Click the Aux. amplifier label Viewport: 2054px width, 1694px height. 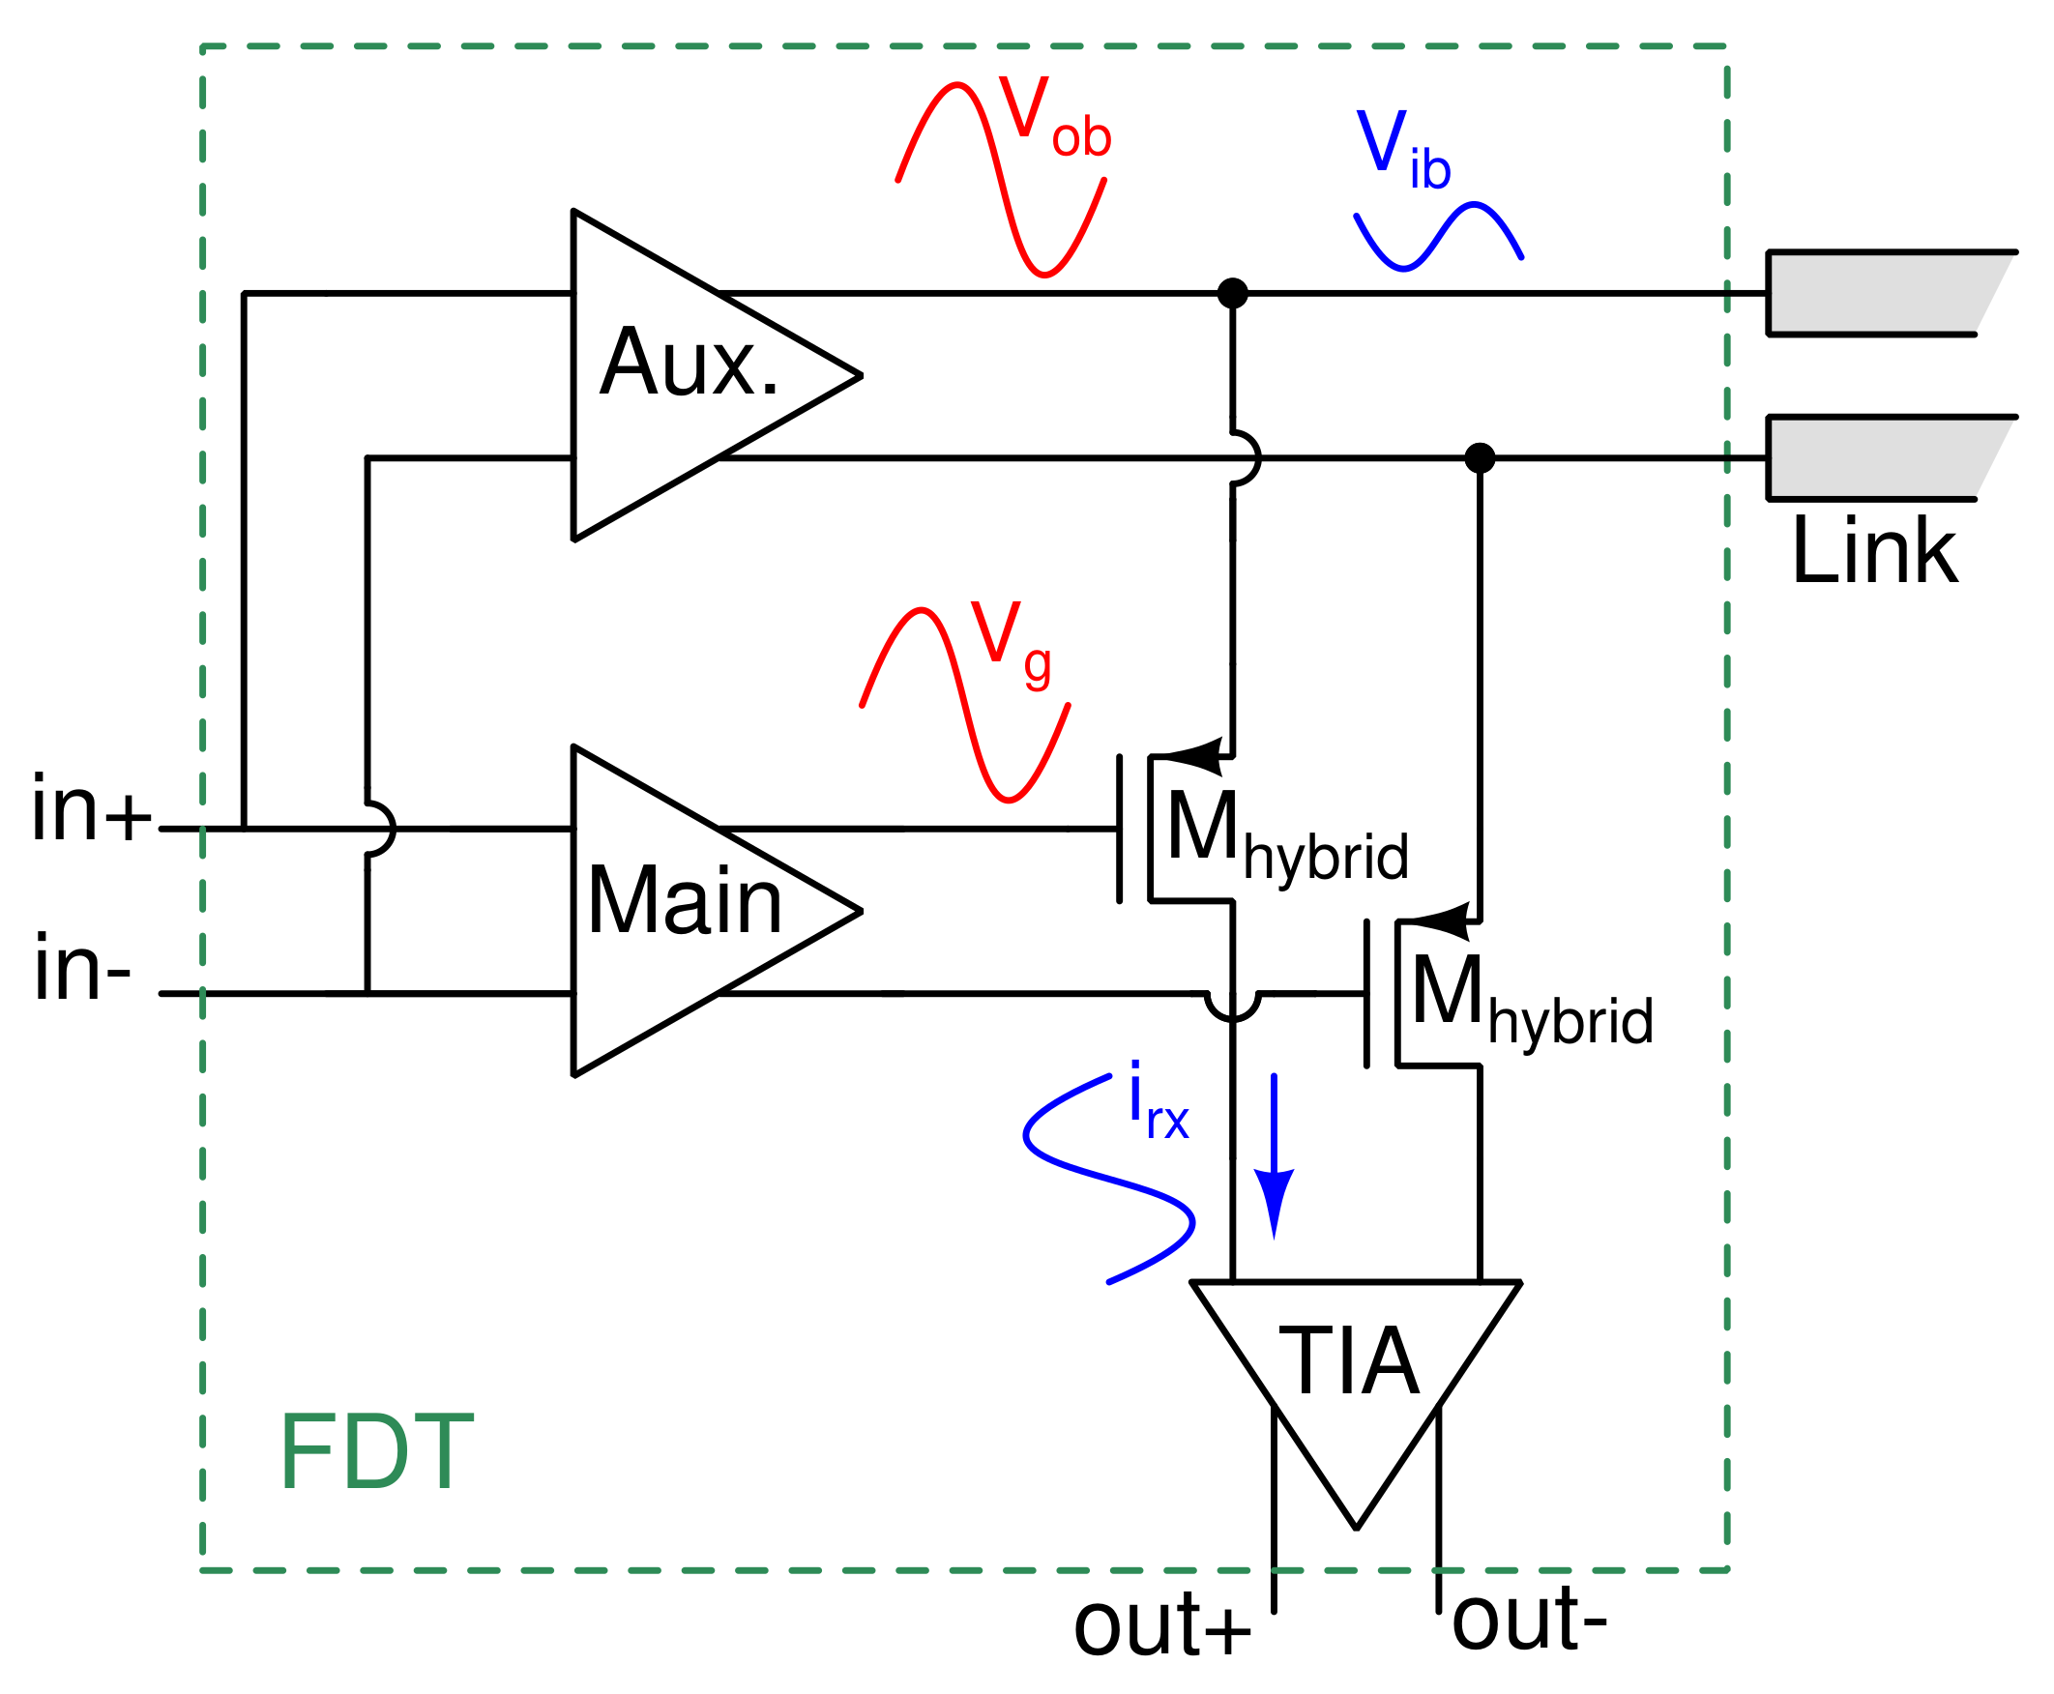pyautogui.click(x=689, y=363)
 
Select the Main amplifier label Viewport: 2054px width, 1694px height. pyautogui.click(x=684, y=902)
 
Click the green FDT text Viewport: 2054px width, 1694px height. pyautogui.click(x=375, y=1454)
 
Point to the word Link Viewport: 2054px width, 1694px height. pyautogui.click(x=1872, y=551)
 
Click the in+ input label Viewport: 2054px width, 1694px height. pyautogui.click(x=91, y=809)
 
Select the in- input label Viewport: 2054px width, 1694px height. pyautogui.click(x=82, y=969)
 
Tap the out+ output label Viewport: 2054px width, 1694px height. pyautogui.click(x=1161, y=1625)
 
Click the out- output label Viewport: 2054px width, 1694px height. pyautogui.click(x=1529, y=1620)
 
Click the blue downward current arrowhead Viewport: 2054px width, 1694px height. pyautogui.click(x=1274, y=1200)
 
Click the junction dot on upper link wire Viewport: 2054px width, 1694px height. pyautogui.click(x=1232, y=293)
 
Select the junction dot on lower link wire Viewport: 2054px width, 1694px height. pyautogui.click(x=1480, y=457)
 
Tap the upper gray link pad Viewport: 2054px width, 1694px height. pyautogui.click(x=1878, y=293)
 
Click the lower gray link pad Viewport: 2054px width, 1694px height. pyautogui.click(x=1878, y=457)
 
